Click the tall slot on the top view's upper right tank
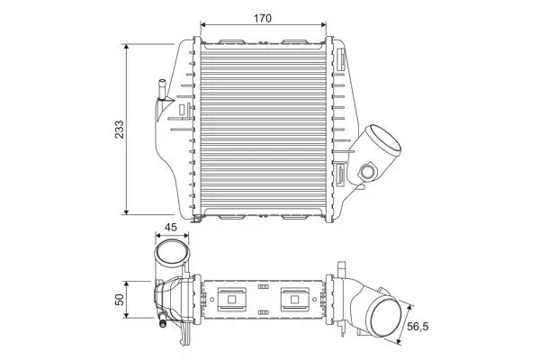pos(343,62)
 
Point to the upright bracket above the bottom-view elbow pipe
pos(344,273)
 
